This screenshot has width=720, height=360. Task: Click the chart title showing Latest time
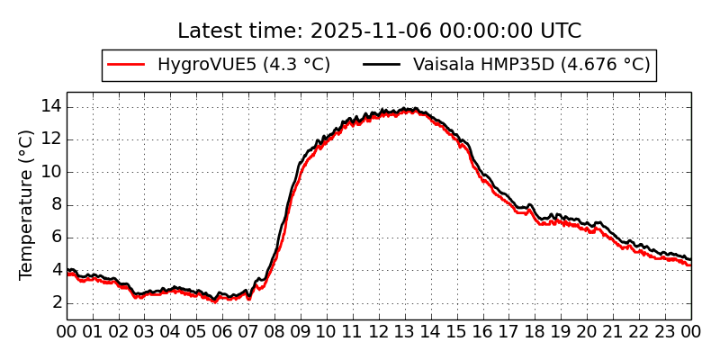(379, 31)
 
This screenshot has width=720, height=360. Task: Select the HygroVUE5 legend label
(243, 65)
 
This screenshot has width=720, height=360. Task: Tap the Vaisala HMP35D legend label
(531, 65)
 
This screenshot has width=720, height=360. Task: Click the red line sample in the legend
(126, 65)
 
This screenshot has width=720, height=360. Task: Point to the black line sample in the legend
(382, 65)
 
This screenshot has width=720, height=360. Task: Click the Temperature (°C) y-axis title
(26, 204)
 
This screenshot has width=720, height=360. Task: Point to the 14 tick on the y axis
(50, 106)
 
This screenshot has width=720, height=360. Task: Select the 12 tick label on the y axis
(50, 139)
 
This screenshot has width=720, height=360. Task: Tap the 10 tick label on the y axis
(50, 172)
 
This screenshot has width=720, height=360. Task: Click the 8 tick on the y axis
(55, 204)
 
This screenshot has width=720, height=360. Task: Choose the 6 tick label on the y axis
(55, 238)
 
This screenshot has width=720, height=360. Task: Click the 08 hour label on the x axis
(274, 331)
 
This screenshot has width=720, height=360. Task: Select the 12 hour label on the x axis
(379, 331)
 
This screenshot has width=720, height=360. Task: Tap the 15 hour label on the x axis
(457, 331)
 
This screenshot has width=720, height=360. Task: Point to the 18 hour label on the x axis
(535, 331)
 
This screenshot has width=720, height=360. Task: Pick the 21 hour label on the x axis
(614, 331)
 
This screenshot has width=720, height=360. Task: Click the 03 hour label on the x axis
(145, 331)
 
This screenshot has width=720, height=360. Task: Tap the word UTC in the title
(560, 31)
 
